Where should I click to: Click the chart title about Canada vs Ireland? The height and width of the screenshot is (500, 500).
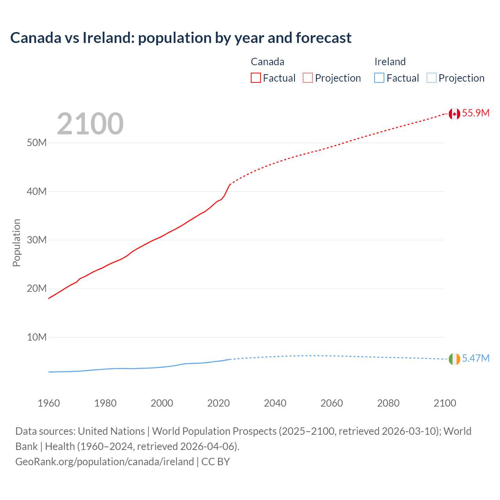181,38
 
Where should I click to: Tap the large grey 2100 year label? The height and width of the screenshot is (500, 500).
90,124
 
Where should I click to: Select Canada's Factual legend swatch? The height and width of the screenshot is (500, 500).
255,78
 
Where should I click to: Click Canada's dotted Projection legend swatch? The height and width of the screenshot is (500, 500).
308,78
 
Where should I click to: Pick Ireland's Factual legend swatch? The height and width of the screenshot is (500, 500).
379,78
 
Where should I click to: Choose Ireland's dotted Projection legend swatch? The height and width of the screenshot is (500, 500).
431,78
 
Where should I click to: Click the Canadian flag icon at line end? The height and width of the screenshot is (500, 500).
454,114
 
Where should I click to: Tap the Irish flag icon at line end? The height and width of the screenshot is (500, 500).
454,359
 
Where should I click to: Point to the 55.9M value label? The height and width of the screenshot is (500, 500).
476,113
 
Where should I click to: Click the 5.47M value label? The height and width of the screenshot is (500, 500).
476,358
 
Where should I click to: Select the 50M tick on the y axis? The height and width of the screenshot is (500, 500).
37,143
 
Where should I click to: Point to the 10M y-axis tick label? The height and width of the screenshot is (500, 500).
37,337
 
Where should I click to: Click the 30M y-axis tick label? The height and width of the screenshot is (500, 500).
37,240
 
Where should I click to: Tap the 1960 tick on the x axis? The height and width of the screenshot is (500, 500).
49,403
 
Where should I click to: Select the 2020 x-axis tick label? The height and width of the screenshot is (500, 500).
218,403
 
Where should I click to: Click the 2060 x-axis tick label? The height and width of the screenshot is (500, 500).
332,403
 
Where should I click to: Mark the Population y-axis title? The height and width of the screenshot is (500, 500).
16,243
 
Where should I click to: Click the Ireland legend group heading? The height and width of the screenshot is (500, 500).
390,62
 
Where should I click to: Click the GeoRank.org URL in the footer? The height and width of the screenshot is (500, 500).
105,462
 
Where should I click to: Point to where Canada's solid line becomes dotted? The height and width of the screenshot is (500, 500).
230,184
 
